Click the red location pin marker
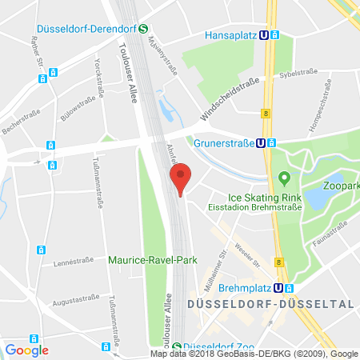tap(182, 178)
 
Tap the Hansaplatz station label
tap(239, 35)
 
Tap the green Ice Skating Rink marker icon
tap(282, 177)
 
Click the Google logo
tap(26, 350)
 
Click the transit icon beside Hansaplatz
tap(274, 35)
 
